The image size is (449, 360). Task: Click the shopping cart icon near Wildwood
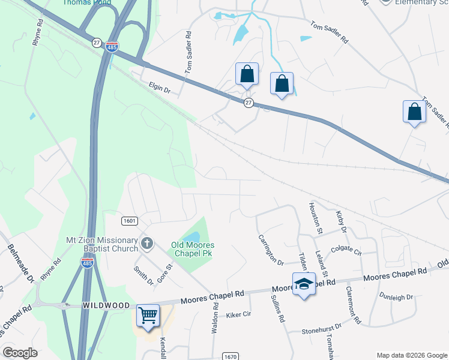pyautogui.click(x=148, y=314)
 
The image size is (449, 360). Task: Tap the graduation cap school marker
pyautogui.click(x=304, y=284)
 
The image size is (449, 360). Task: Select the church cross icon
pyautogui.click(x=147, y=244)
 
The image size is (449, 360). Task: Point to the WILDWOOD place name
pyautogui.click(x=106, y=305)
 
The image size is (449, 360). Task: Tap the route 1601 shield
pyautogui.click(x=129, y=221)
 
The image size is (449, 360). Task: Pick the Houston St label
pyautogui.click(x=315, y=217)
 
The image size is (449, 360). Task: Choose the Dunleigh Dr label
pyautogui.click(x=396, y=296)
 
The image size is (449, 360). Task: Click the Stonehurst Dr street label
pyautogui.click(x=321, y=327)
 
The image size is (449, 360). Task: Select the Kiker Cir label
pyautogui.click(x=238, y=314)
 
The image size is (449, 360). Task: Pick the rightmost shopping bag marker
pyautogui.click(x=414, y=112)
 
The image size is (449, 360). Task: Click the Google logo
pyautogui.click(x=20, y=353)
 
